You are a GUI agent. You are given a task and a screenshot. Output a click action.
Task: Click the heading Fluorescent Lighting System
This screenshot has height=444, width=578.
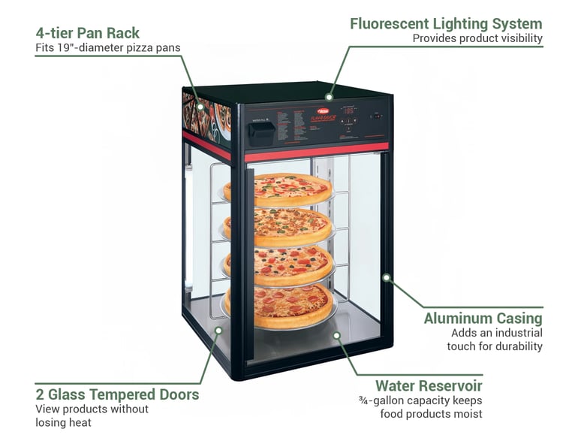446,23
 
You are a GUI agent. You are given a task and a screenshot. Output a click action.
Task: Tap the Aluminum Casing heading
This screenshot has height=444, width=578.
483,318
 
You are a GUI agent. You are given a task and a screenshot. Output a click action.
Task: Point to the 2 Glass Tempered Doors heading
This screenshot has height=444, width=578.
117,394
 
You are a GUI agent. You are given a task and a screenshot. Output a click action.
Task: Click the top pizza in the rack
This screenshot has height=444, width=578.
278,189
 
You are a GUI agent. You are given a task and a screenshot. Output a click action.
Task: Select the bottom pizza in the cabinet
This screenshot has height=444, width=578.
278,304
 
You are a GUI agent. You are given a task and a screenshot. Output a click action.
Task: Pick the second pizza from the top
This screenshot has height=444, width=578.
278,224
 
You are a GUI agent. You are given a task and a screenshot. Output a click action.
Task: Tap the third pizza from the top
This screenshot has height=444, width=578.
278,263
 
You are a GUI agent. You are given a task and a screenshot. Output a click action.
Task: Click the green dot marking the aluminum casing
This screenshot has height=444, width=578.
386,277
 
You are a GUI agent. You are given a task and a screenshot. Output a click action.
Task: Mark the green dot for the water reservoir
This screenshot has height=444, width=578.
336,335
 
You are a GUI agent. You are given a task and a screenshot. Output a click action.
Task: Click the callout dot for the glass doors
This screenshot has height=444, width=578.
218,329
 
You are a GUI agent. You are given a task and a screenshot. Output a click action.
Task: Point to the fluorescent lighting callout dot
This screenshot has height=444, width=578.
328,96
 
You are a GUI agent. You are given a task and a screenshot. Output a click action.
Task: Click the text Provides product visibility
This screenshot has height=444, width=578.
477,38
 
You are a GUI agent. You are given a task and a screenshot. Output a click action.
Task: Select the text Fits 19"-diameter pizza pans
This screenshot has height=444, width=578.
108,48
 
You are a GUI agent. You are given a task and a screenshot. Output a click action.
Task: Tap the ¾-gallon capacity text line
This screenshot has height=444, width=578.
420,400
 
